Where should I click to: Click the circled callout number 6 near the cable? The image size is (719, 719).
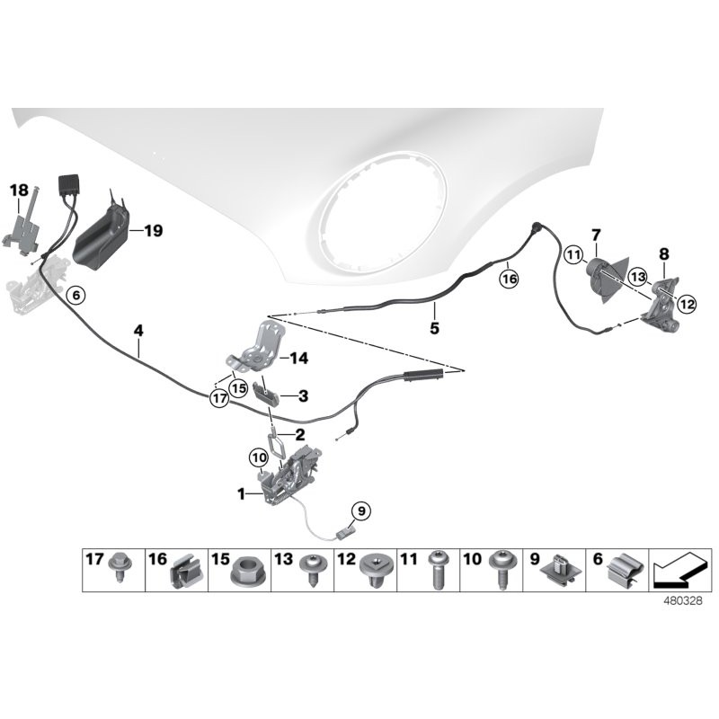coord(75,295)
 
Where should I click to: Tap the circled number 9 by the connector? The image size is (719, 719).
coord(359,511)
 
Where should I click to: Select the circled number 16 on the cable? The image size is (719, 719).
coord(510,280)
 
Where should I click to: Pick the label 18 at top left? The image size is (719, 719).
coord(19,190)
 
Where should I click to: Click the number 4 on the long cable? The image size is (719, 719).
coord(138,331)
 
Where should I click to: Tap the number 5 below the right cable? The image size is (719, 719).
coord(434,329)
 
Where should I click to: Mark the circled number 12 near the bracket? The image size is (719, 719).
coord(687,304)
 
